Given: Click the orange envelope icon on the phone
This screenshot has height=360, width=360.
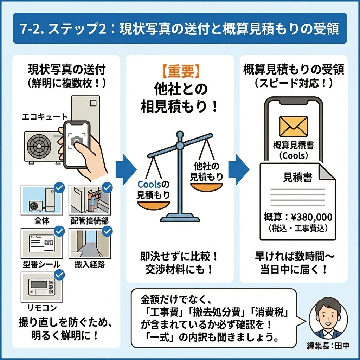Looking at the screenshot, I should tap(293, 126).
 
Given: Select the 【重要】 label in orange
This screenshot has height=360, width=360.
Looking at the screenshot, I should tap(180, 71).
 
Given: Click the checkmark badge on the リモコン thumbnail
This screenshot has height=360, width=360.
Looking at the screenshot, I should tap(60, 275).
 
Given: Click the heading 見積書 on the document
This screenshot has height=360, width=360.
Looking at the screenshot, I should tap(297, 178).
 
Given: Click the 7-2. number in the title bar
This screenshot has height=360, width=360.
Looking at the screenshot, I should tap(33, 29).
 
